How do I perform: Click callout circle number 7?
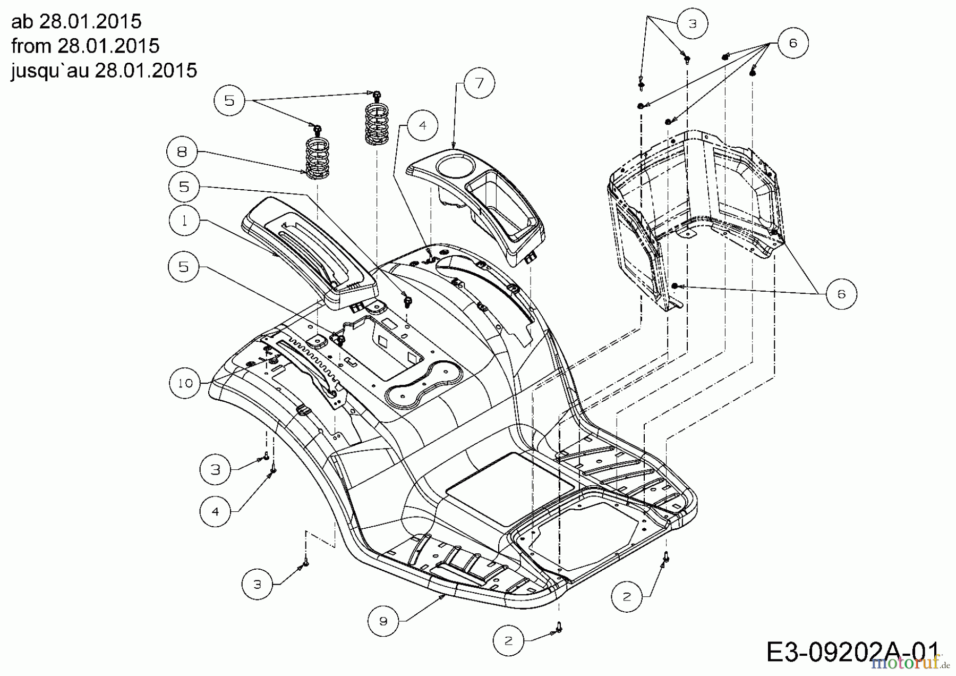point(479,83)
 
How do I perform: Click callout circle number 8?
point(182,153)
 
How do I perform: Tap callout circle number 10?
point(185,383)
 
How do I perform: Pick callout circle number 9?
point(383,621)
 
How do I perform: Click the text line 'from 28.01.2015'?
point(85,46)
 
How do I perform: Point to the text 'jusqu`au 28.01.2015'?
point(104,70)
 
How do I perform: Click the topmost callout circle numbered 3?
point(693,23)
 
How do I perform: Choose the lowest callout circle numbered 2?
point(508,640)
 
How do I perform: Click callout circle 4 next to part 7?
point(422,125)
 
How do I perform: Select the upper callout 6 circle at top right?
point(793,43)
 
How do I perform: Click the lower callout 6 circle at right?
point(841,294)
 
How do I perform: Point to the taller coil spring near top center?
point(377,123)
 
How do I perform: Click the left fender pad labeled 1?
point(308,250)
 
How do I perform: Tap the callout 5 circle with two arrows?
point(229,100)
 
